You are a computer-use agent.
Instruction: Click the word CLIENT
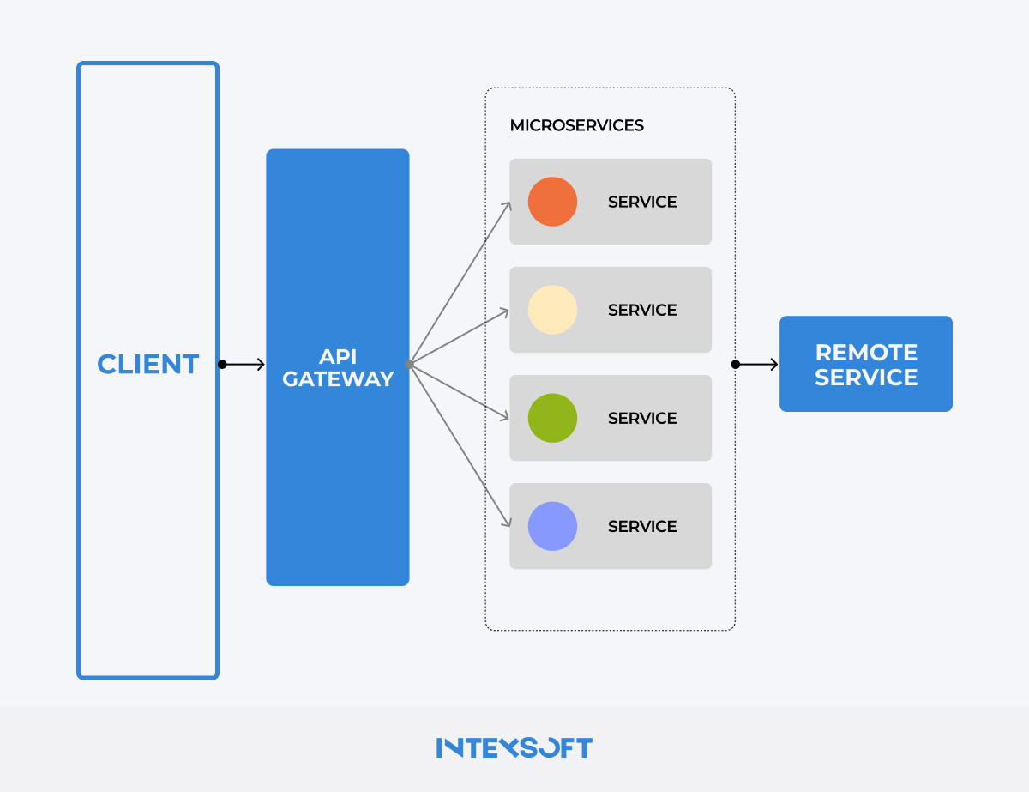[x=148, y=365]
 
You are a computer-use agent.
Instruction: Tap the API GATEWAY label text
[x=338, y=368]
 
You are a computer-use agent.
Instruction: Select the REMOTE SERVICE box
[x=865, y=364]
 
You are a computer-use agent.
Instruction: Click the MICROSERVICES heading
[x=576, y=125]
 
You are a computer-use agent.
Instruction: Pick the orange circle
[x=552, y=202]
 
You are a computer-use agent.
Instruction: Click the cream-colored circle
[x=552, y=310]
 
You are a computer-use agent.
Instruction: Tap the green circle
[x=552, y=418]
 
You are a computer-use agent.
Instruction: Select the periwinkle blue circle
[x=552, y=526]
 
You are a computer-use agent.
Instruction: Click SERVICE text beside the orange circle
[x=642, y=202]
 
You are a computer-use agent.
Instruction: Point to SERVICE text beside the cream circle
[x=642, y=310]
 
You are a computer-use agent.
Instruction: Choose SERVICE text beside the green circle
[x=642, y=418]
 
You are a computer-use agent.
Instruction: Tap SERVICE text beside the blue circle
[x=642, y=526]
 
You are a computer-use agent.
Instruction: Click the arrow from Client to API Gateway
[x=244, y=365]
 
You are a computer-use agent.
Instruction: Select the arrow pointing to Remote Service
[x=757, y=365]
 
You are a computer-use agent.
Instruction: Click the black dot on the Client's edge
[x=222, y=365]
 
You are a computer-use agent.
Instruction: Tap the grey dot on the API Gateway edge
[x=410, y=365]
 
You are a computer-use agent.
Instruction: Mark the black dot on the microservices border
[x=735, y=365]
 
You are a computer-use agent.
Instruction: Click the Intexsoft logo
[x=514, y=747]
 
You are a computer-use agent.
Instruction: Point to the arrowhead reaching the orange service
[x=508, y=205]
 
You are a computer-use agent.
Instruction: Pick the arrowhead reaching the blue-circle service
[x=508, y=523]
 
